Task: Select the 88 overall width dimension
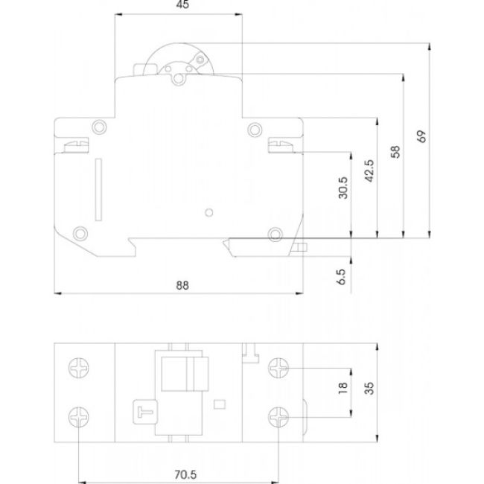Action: coord(182,284)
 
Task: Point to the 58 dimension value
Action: coord(394,152)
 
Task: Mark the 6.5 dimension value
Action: coord(342,277)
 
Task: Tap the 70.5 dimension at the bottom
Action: coord(179,471)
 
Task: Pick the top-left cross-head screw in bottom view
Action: coord(79,368)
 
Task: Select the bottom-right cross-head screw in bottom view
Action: coord(278,417)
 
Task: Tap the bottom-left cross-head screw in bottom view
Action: coord(79,417)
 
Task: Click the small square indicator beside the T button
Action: coord(219,406)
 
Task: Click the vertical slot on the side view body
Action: coord(98,191)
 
